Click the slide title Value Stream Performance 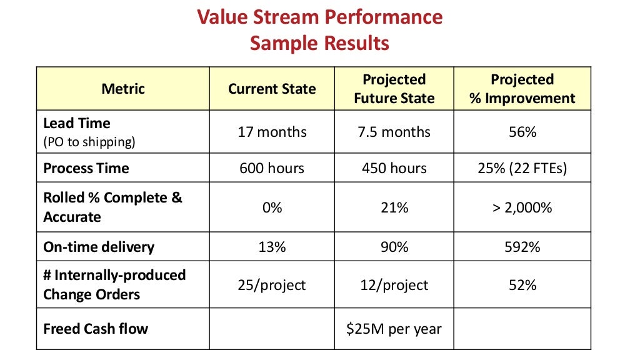click(319, 16)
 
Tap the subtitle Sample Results click(319, 43)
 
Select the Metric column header click(122, 89)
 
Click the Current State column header click(272, 89)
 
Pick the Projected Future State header click(394, 89)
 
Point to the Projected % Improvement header click(522, 89)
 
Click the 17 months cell click(272, 132)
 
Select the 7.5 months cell click(394, 132)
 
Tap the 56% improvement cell click(522, 132)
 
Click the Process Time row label click(86, 168)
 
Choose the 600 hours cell click(272, 168)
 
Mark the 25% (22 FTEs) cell click(522, 168)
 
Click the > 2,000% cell click(522, 207)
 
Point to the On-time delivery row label click(98, 247)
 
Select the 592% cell click(522, 247)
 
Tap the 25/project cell click(272, 285)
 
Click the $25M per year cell click(394, 328)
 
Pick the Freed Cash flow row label click(96, 328)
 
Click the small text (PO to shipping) click(89, 142)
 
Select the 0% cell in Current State click(272, 207)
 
